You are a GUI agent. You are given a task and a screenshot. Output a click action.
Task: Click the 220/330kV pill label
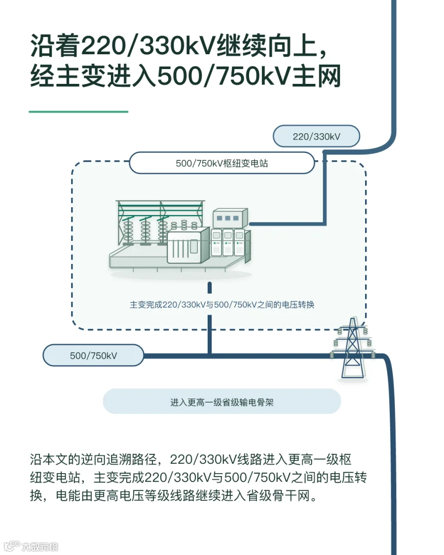[x=316, y=136]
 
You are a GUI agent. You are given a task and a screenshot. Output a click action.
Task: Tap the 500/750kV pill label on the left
[x=93, y=355]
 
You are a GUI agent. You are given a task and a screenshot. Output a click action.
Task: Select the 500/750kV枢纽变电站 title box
[x=222, y=163]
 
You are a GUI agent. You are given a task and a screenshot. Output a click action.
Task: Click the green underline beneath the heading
[x=78, y=112]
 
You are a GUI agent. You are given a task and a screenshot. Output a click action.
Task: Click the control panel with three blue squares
[x=230, y=219]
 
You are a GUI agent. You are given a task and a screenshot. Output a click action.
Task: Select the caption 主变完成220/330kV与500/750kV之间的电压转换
[x=222, y=305]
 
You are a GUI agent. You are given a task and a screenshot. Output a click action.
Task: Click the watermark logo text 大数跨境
[x=39, y=547]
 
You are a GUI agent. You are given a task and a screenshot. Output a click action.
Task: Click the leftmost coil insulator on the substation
[x=127, y=230]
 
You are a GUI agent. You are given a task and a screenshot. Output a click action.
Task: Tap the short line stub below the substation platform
[x=210, y=288]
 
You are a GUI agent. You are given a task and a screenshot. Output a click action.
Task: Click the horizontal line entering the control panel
[x=288, y=223]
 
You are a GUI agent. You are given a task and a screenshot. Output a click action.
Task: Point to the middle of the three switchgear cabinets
[x=227, y=243]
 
